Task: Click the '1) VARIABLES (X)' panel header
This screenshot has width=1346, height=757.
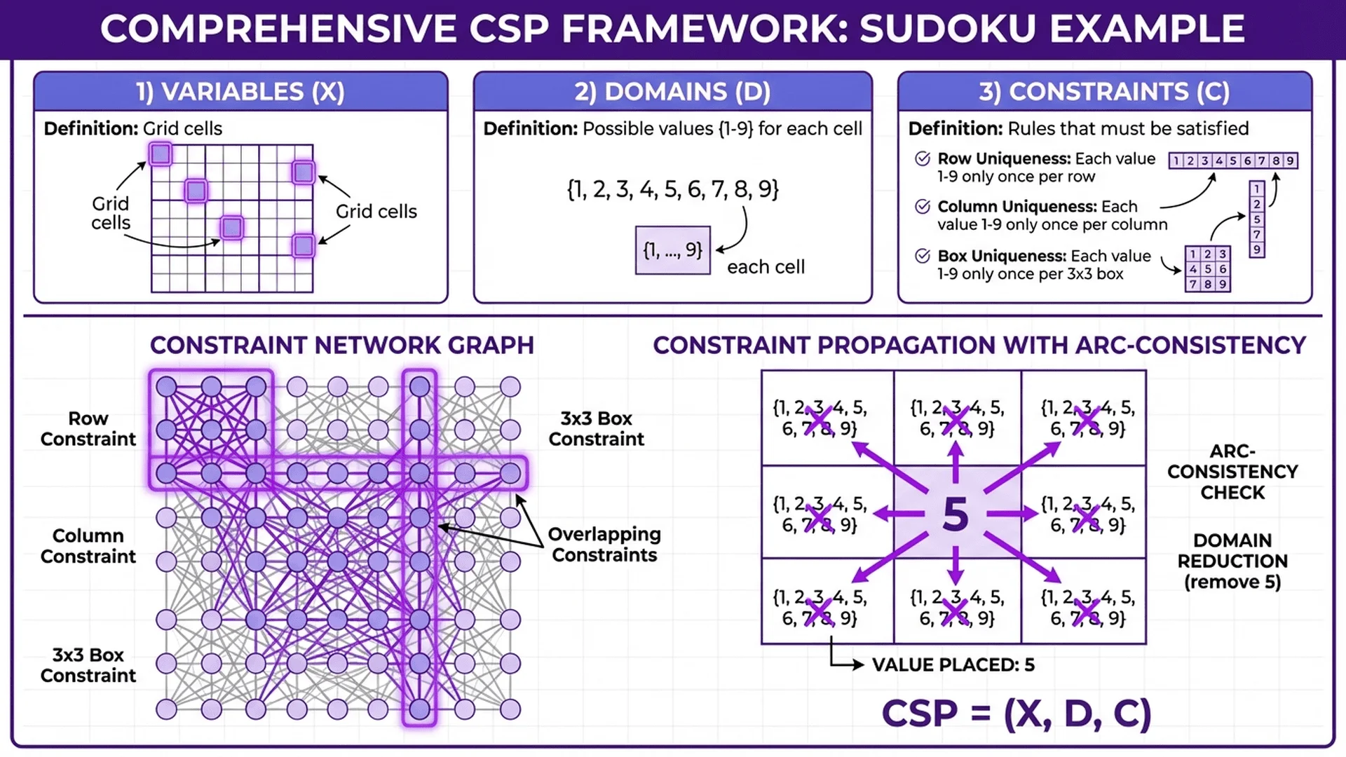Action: click(x=240, y=92)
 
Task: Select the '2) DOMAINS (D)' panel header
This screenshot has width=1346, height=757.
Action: click(x=672, y=92)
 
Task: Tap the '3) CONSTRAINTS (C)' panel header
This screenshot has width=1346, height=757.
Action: click(x=1104, y=92)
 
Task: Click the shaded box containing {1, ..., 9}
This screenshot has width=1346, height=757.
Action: click(x=672, y=250)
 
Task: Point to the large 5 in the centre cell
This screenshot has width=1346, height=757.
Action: click(x=956, y=514)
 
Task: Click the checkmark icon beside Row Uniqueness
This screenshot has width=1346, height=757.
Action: click(x=923, y=159)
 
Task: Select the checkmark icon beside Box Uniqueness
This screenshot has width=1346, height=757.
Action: click(x=923, y=256)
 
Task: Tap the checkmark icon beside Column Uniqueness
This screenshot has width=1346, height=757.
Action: click(x=923, y=207)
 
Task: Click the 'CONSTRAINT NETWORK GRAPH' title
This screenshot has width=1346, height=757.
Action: click(x=341, y=346)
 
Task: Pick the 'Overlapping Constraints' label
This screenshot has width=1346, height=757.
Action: click(x=604, y=545)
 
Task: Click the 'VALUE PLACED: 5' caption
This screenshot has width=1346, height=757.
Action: click(x=953, y=664)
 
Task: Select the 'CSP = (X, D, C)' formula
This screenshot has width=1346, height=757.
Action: click(x=1016, y=714)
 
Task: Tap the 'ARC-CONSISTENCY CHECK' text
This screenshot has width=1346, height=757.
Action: click(x=1232, y=472)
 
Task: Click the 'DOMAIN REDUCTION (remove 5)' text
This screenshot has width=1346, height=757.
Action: click(x=1232, y=561)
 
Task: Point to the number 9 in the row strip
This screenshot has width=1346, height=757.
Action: click(x=1290, y=161)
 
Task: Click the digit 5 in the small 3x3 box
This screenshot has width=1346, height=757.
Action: click(x=1208, y=269)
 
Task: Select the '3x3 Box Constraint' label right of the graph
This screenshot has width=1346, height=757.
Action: click(x=596, y=428)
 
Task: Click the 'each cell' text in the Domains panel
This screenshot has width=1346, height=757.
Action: click(x=766, y=267)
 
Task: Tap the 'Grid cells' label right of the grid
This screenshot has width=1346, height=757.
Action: click(x=376, y=212)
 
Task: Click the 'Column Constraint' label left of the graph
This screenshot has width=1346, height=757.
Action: click(x=88, y=546)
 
